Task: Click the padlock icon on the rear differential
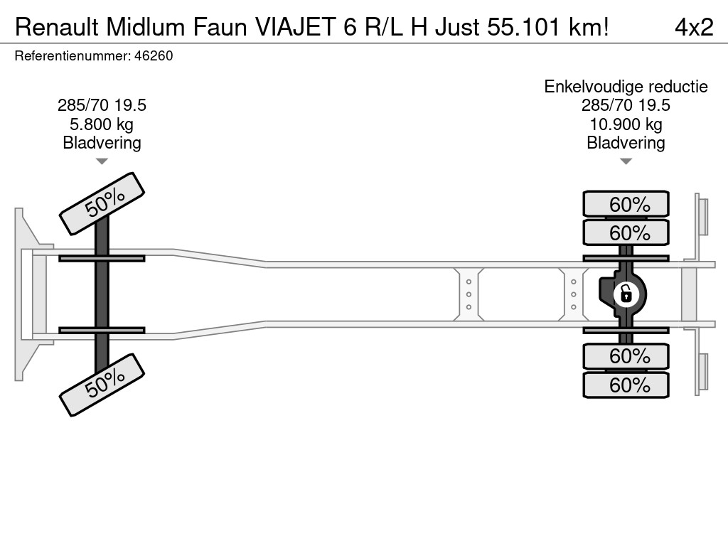[626, 293]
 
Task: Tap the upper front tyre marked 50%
[102, 203]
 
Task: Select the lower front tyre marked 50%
[102, 384]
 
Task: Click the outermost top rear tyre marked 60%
[626, 204]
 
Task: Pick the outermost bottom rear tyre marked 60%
[626, 385]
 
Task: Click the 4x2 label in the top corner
[693, 27]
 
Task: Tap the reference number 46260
[154, 55]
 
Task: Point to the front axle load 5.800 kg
[102, 124]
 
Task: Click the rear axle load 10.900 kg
[626, 124]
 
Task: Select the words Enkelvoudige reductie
[626, 87]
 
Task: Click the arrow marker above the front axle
[102, 161]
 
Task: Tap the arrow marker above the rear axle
[626, 161]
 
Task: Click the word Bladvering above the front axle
[102, 143]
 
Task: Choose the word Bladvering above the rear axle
[626, 143]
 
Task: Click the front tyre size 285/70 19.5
[102, 106]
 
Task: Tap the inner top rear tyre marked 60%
[626, 232]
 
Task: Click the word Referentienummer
[71, 55]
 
